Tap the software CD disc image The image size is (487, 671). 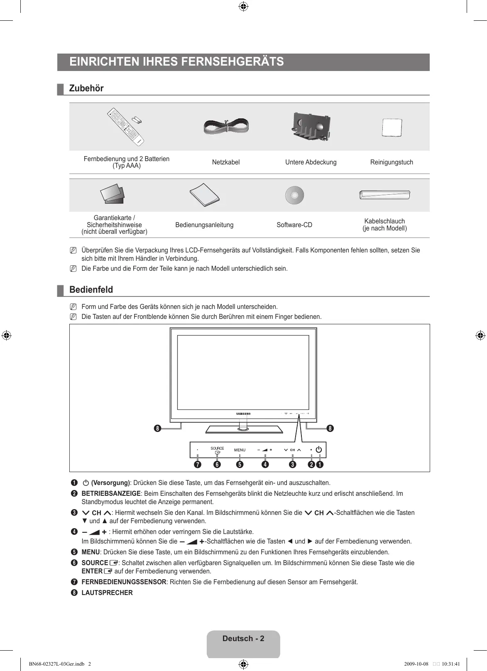point(294,195)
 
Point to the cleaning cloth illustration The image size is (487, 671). point(392,127)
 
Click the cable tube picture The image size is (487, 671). point(384,195)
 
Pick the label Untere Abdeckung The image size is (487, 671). point(311,162)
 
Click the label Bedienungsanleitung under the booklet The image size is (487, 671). point(204,225)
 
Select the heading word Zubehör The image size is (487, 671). point(86,88)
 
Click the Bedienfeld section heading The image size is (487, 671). point(91,290)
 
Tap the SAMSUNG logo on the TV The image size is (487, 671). point(243,414)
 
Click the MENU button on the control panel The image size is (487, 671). point(240,450)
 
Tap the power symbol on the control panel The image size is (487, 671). point(318,450)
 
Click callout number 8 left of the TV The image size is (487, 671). point(158,428)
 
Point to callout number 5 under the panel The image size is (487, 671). point(240,464)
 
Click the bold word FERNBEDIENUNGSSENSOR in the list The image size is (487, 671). point(124,582)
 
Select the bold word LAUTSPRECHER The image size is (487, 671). point(107,593)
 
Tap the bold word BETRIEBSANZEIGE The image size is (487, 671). point(111,494)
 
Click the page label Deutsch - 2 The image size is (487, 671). point(243,639)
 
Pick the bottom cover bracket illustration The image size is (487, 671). point(311,127)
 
